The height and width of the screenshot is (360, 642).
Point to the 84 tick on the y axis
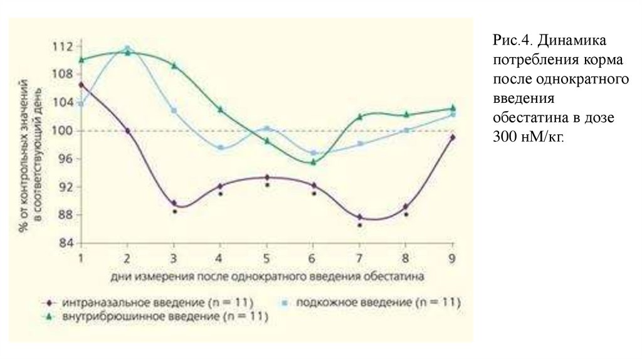[x=65, y=243]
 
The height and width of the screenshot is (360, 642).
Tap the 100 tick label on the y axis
[x=63, y=130]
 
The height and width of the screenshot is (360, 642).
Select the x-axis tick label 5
[x=266, y=258]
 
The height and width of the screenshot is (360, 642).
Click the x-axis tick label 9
[x=452, y=258]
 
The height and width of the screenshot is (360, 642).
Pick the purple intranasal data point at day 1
[x=81, y=84]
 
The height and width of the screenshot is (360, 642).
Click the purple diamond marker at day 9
[x=452, y=137]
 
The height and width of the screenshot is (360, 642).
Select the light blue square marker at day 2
[x=127, y=48]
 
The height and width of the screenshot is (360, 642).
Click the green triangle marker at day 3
[x=174, y=65]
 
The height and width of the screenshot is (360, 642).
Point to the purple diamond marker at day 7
[x=359, y=217]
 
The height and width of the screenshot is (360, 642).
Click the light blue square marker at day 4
[x=220, y=147]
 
